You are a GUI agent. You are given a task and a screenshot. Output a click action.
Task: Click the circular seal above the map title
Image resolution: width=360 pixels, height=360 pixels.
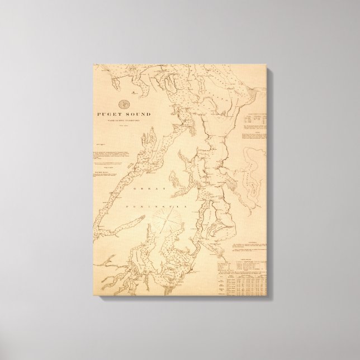click(x=125, y=104)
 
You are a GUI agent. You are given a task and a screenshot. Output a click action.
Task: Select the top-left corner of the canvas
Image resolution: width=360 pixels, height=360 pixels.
click(x=93, y=65)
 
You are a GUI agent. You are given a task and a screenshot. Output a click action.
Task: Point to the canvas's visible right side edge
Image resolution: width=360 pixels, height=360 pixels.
click(x=272, y=184)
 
